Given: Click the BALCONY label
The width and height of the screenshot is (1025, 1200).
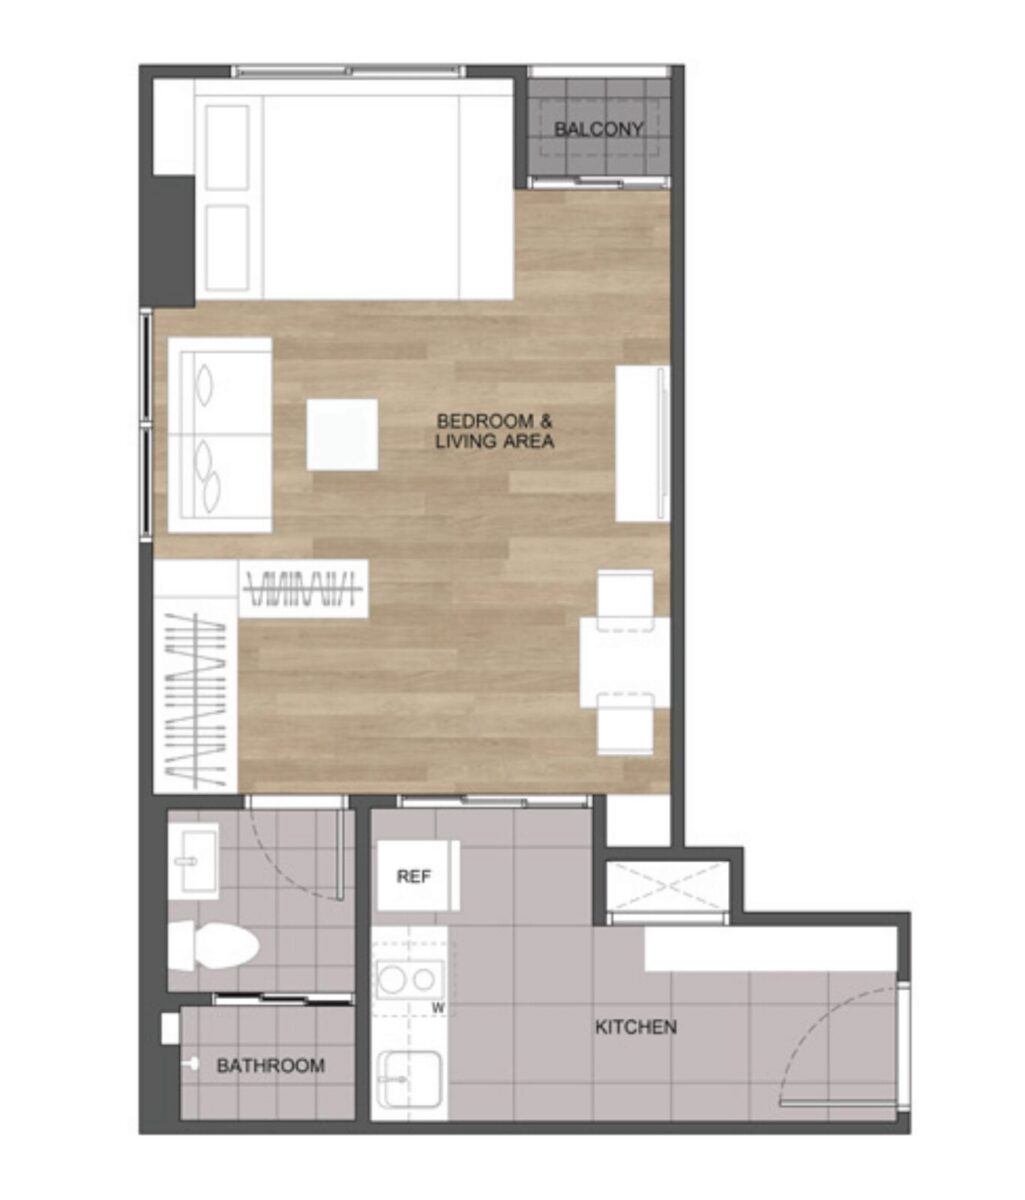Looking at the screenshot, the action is (598, 129).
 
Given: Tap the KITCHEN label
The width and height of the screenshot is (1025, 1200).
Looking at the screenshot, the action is (636, 1027).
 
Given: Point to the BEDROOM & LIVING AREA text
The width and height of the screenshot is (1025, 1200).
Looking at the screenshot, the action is (495, 431).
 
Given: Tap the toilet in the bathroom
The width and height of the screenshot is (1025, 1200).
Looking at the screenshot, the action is (213, 945).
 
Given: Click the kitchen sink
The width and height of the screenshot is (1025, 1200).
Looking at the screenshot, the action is (410, 1079).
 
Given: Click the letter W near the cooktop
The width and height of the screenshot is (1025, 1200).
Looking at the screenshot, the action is (438, 1008).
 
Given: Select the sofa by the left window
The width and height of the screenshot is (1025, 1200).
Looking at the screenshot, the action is (220, 435).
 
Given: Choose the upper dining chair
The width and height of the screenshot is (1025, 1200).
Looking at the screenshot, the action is (626, 600).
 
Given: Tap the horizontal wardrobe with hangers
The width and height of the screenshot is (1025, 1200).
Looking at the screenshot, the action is (304, 589).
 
